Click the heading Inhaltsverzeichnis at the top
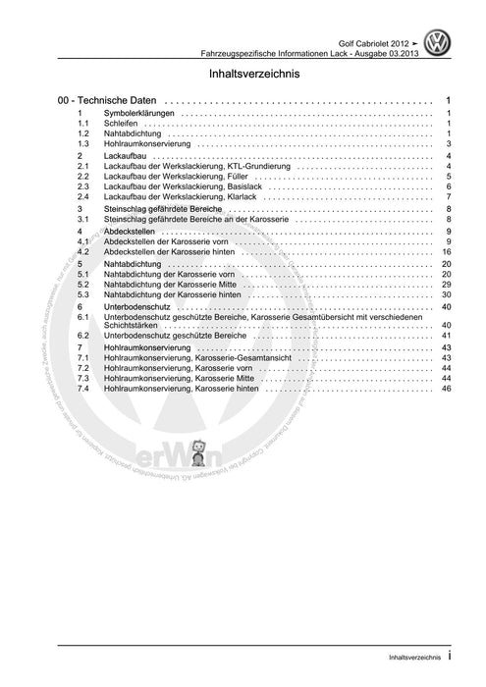(243, 75)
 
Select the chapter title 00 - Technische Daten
(107, 101)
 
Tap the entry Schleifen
(121, 124)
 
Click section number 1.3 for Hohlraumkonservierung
(84, 144)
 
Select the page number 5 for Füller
(448, 177)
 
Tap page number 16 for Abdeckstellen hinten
(446, 251)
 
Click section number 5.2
(84, 284)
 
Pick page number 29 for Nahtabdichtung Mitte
(446, 284)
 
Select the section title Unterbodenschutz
(141, 307)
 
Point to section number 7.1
(84, 358)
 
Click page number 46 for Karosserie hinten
(446, 389)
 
